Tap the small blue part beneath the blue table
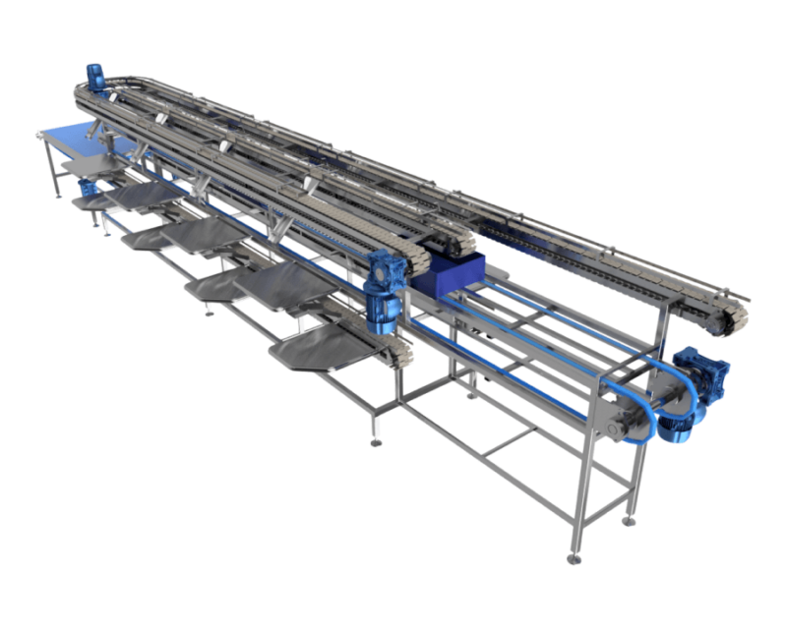(87, 187)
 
